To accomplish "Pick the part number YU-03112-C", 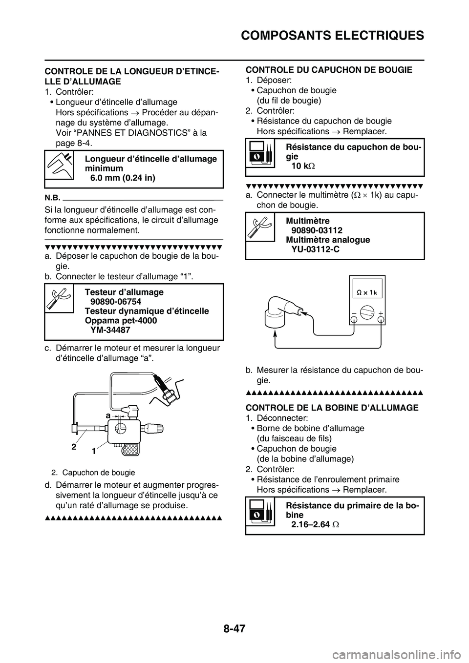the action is [316, 249].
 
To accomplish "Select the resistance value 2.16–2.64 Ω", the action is [316, 525].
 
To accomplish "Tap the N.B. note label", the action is [52, 198].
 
